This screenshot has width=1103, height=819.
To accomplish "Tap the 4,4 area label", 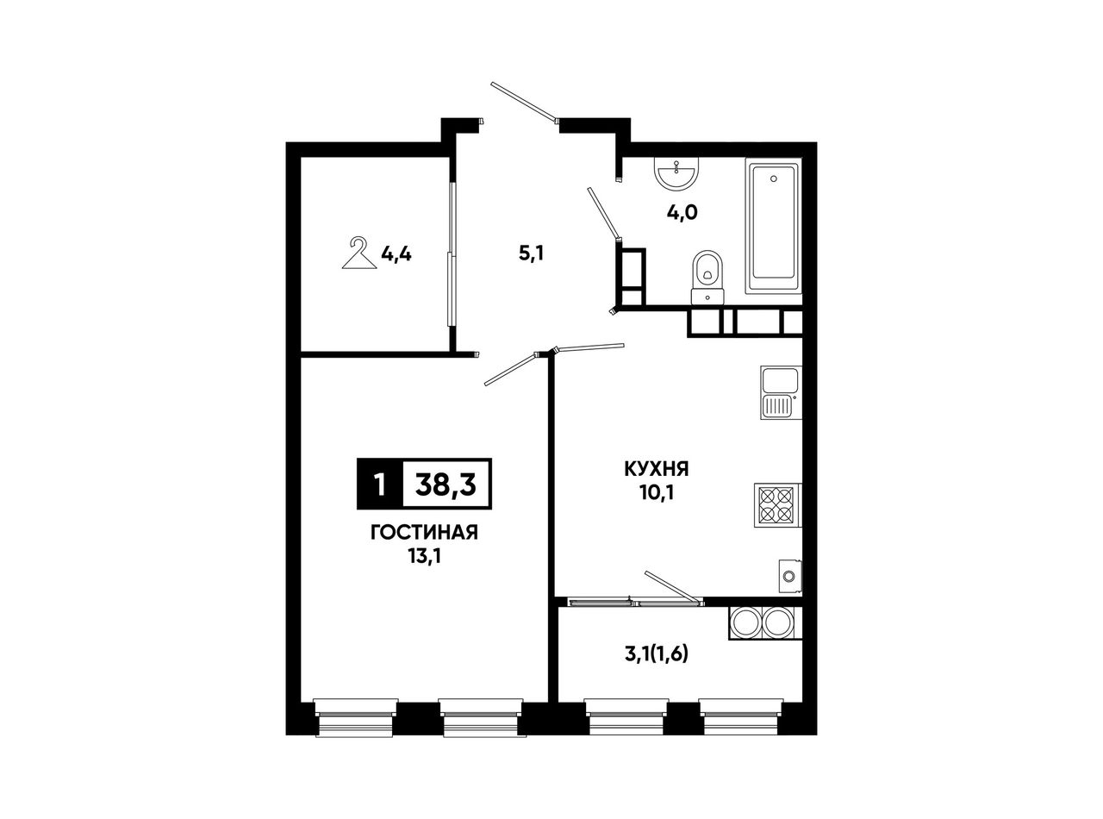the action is point(396,255).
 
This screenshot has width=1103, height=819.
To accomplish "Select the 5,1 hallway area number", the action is point(531,254).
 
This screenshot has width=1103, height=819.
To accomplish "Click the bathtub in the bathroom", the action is point(773,225).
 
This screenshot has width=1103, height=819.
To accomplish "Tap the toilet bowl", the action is point(707,277).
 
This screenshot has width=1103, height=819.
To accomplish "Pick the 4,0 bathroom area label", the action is point(682,213).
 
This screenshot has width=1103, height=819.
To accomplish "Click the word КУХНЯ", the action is point(656,469).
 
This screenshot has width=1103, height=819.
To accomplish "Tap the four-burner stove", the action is point(778,505).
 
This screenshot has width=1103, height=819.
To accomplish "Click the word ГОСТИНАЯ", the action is point(424,533).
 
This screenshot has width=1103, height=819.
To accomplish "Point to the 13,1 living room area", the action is point(425,557).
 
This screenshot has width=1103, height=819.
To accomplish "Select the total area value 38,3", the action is point(446,485).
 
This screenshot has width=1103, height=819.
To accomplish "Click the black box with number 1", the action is point(380,485).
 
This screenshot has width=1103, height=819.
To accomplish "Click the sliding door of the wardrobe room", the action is point(452,254).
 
